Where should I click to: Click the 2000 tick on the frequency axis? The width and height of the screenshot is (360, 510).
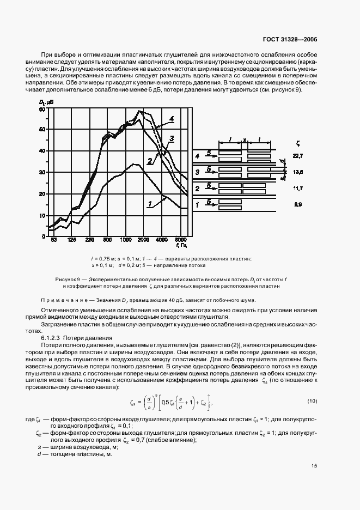[x=144, y=240]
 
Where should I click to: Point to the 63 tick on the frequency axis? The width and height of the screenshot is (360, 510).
[x=53, y=240]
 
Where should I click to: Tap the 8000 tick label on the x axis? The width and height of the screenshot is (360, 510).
[x=181, y=240]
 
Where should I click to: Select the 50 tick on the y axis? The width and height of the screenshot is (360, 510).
[x=42, y=130]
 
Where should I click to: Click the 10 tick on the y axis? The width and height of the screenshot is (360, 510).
[x=42, y=216]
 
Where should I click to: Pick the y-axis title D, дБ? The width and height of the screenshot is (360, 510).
[x=45, y=102]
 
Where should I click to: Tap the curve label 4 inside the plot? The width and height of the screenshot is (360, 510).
[x=171, y=118]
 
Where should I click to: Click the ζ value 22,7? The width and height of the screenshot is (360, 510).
[x=297, y=156]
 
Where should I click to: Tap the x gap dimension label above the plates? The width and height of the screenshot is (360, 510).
[x=245, y=140]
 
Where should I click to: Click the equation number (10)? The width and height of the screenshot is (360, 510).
[x=312, y=402]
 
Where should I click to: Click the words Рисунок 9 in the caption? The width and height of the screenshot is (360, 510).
[x=69, y=278]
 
